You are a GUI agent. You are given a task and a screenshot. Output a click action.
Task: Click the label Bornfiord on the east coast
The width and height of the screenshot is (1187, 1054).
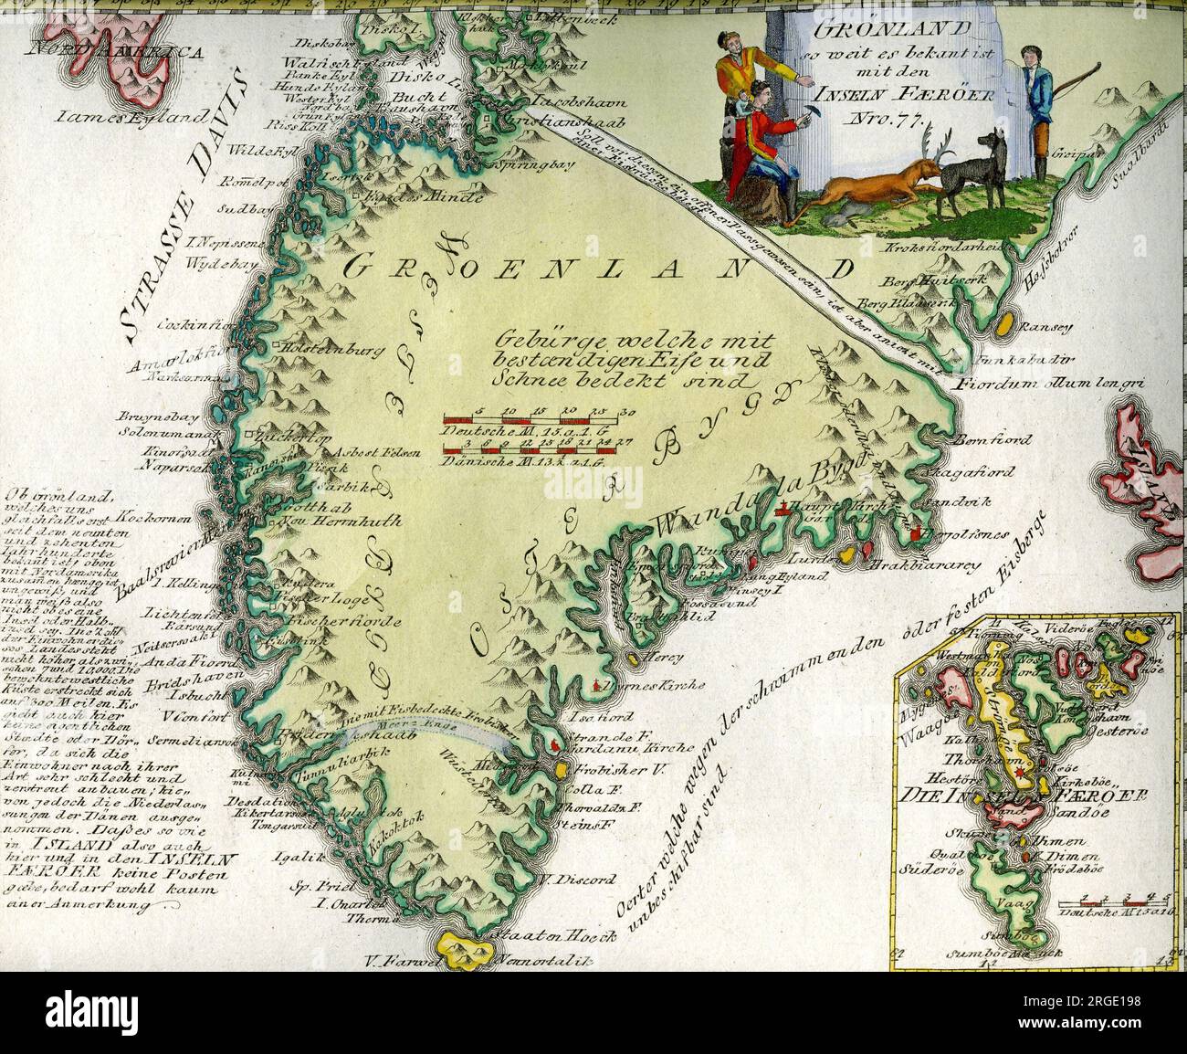(x=996, y=440)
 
